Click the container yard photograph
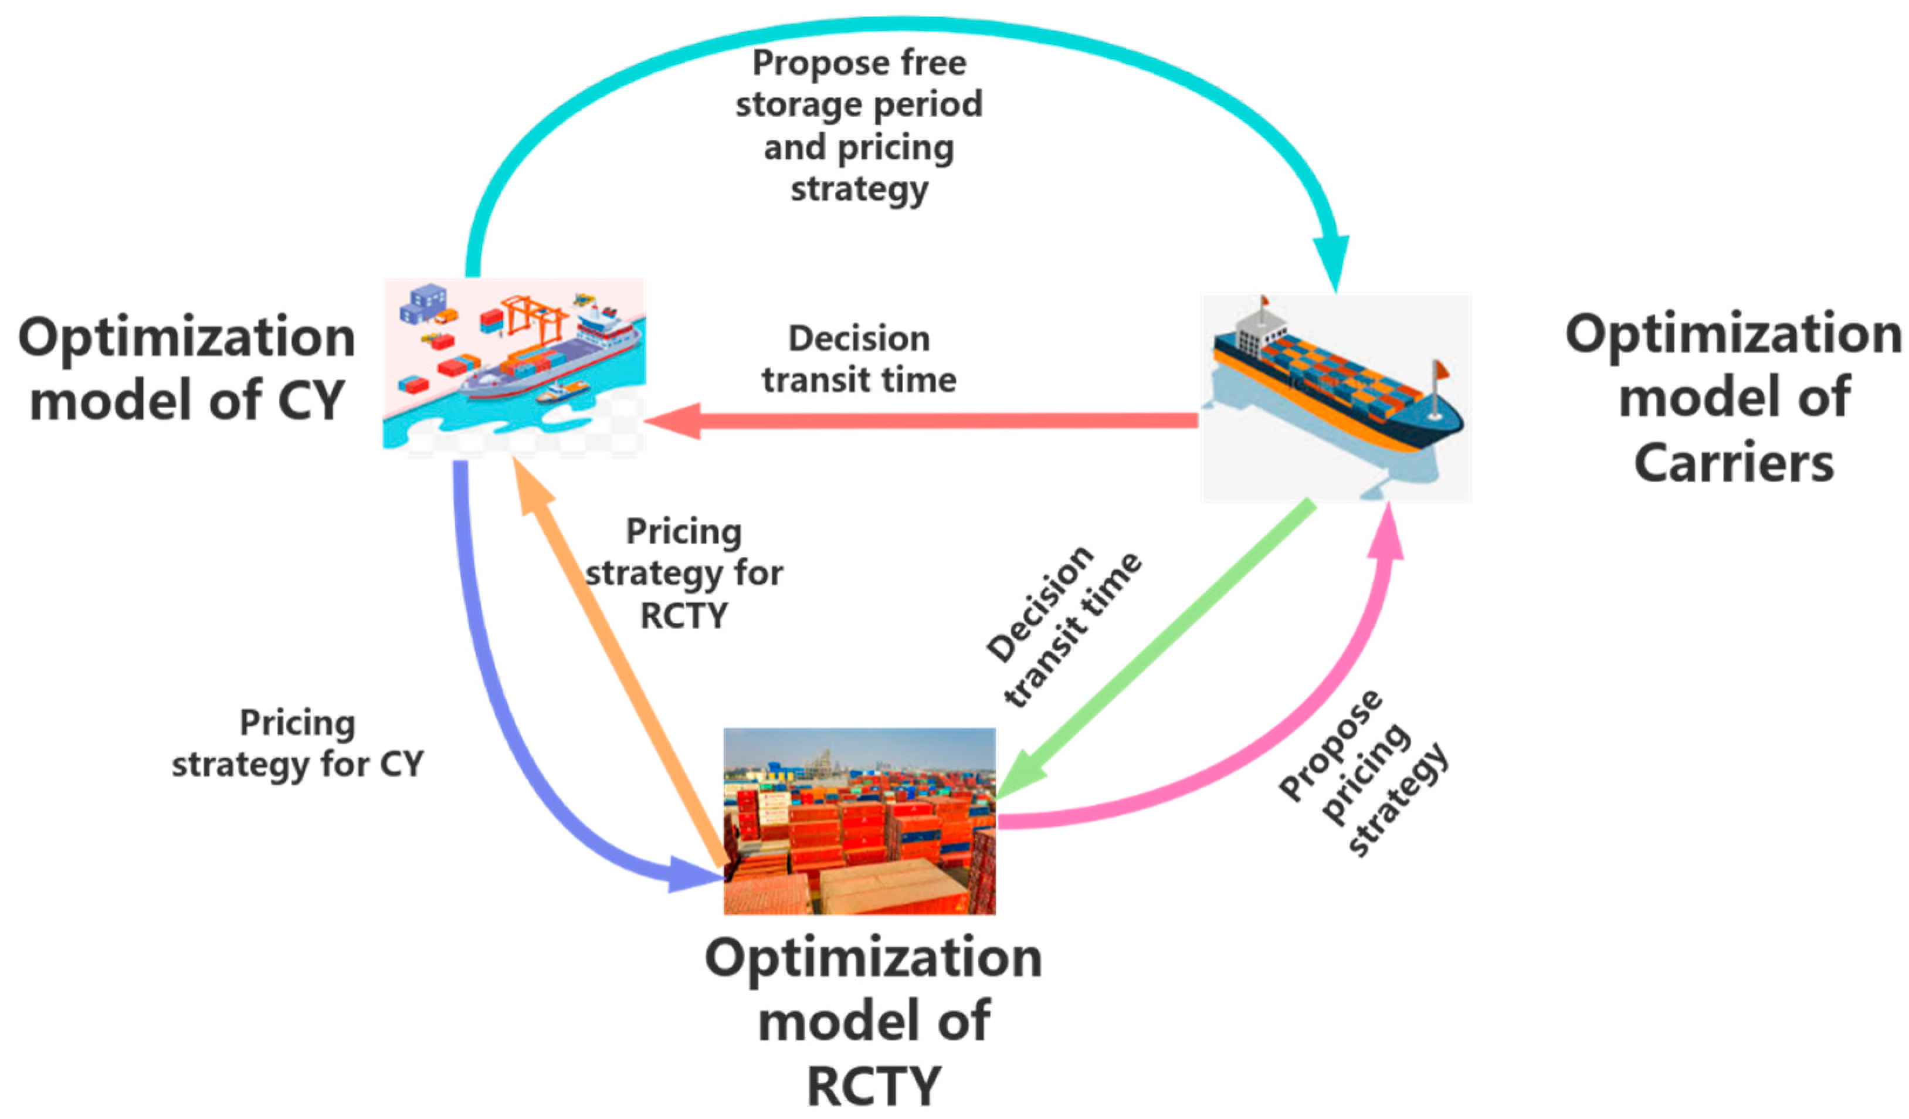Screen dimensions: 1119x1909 [x=859, y=822]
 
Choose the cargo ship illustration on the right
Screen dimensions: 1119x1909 [x=1335, y=398]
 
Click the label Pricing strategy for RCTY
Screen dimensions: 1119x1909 [x=683, y=574]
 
